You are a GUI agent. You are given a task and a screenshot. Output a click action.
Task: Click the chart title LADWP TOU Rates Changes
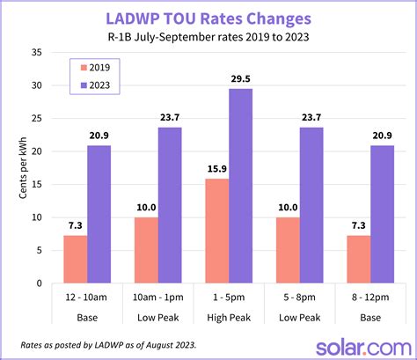point(208,18)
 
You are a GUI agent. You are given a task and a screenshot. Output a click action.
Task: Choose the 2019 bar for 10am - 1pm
point(146,250)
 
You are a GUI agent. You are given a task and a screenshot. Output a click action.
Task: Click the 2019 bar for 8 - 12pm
point(359,259)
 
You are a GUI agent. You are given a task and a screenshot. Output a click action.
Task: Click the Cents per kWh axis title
point(21,167)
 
